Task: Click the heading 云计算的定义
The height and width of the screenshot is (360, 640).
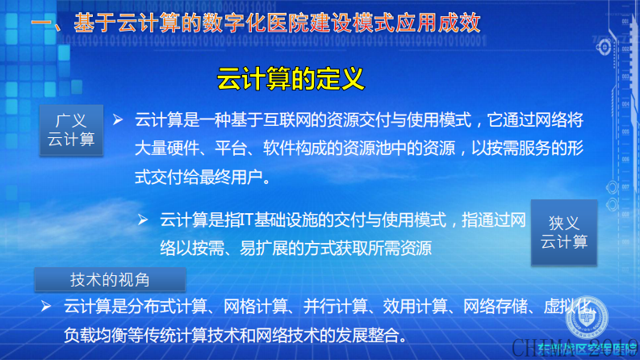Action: [x=291, y=80]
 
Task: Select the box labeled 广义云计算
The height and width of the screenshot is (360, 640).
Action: [x=71, y=129]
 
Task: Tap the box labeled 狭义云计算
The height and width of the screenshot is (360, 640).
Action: [x=564, y=232]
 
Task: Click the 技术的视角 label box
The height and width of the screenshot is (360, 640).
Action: [x=110, y=279]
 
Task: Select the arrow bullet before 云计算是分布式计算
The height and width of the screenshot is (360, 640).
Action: [x=45, y=306]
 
